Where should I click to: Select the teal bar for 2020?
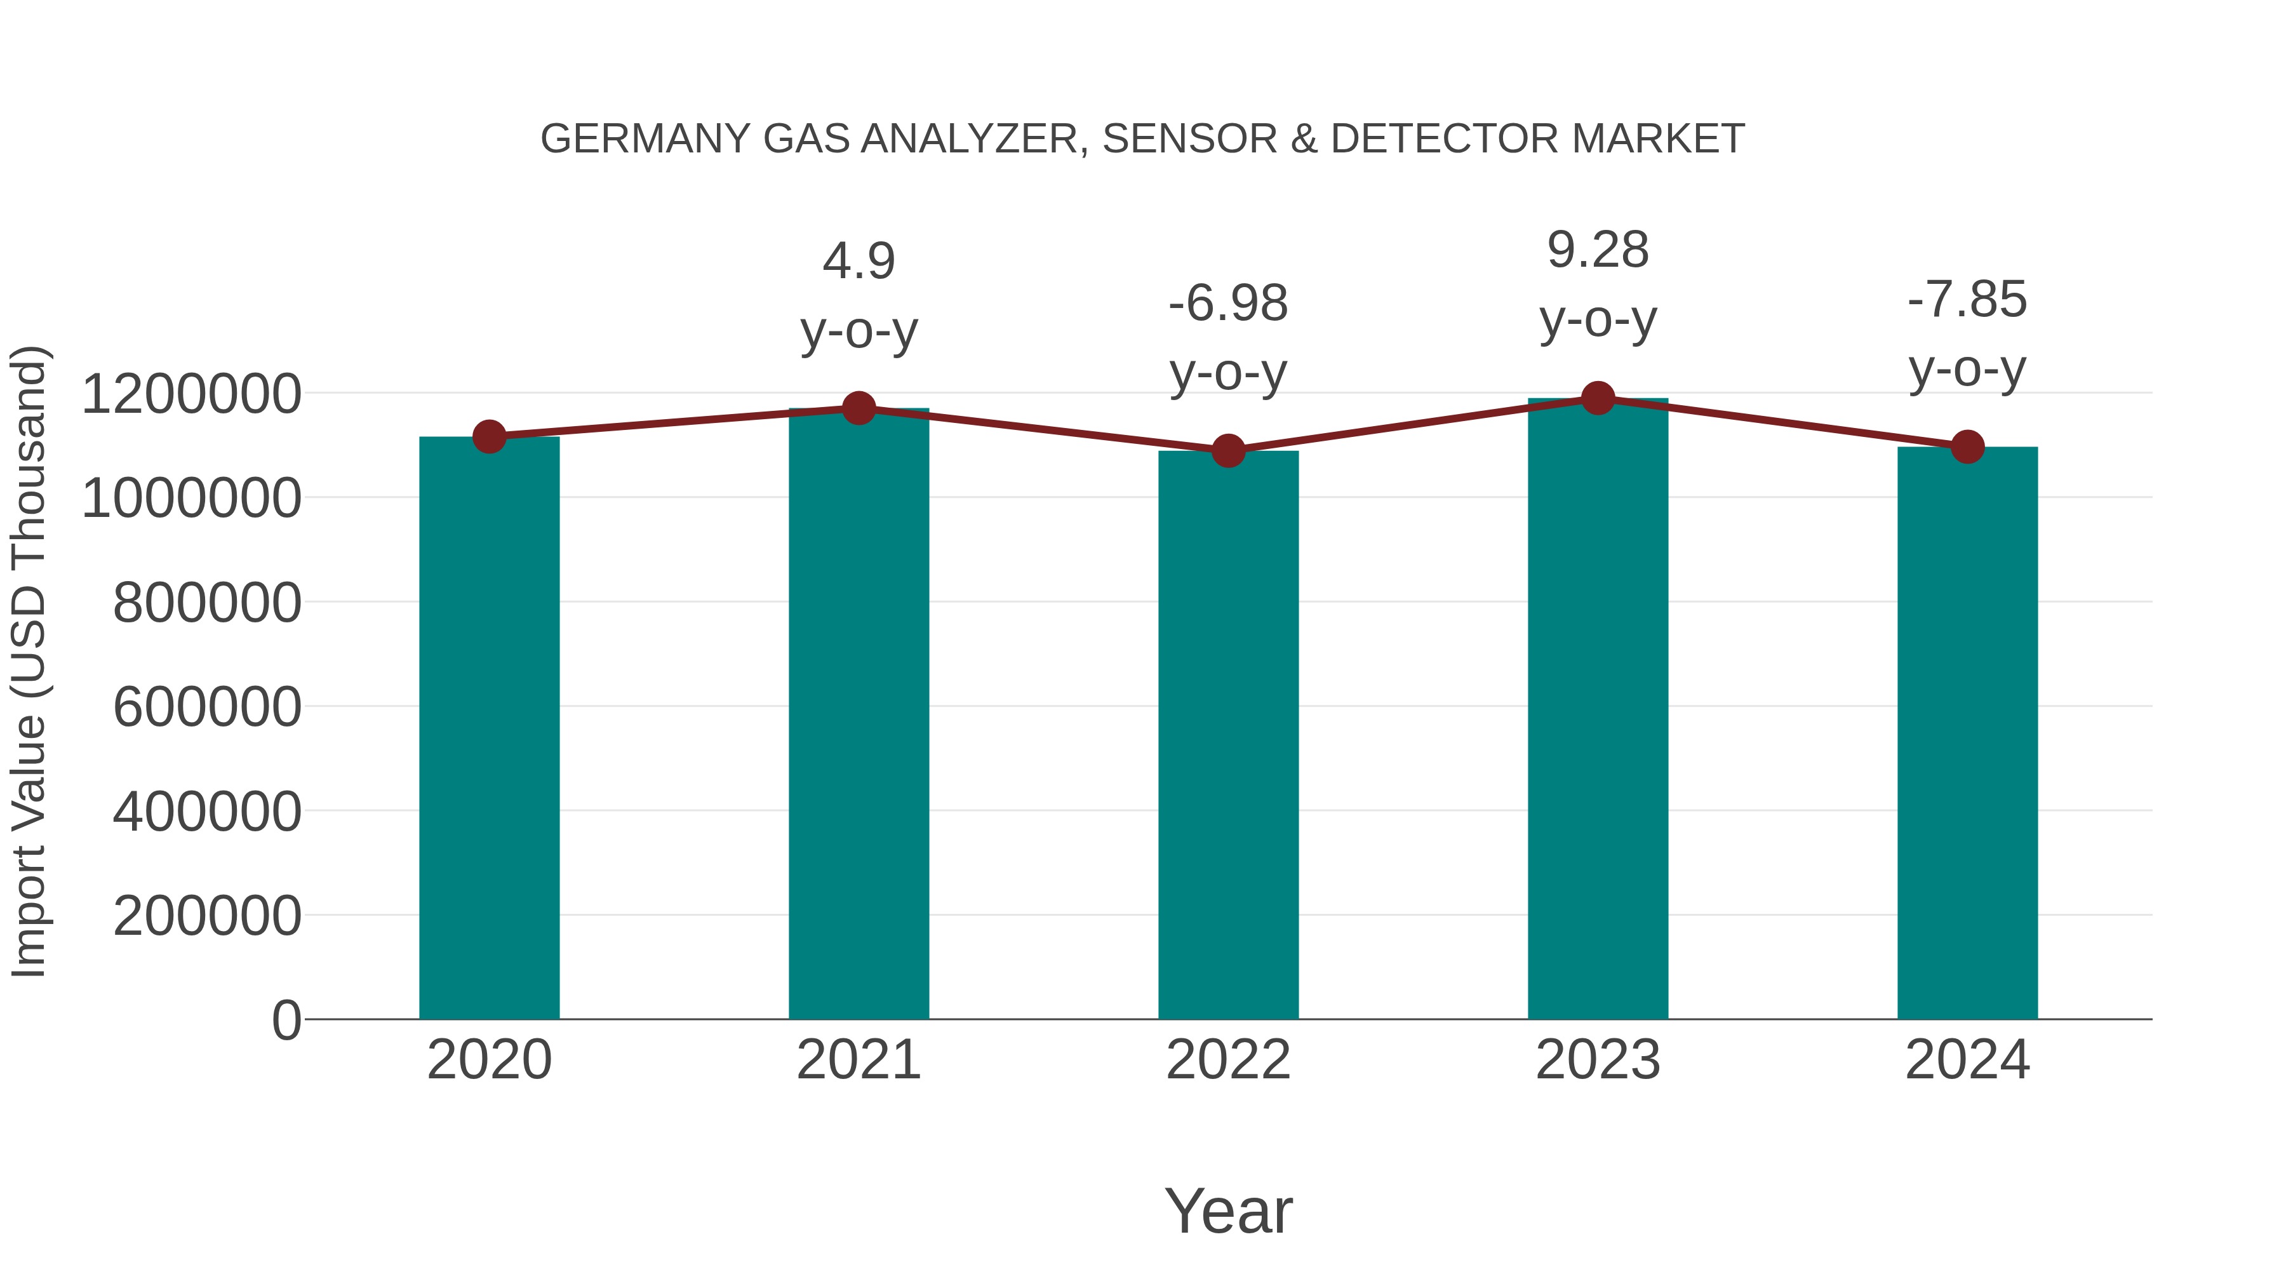point(489,728)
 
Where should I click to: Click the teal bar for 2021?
point(858,714)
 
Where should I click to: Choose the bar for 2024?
point(1967,732)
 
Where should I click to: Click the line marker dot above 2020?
point(489,437)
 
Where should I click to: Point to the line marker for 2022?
point(1228,451)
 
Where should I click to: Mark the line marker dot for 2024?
point(1967,446)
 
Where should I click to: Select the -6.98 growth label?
point(1228,304)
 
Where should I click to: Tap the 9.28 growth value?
point(1598,250)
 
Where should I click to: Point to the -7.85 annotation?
point(1967,300)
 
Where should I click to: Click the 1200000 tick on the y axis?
point(190,394)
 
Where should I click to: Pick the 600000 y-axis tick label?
point(207,707)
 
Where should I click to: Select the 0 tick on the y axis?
point(286,1020)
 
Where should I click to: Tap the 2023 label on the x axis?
point(1598,1060)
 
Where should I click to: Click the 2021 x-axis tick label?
point(858,1060)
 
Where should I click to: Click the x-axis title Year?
point(1228,1210)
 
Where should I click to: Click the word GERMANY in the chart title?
point(645,139)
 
